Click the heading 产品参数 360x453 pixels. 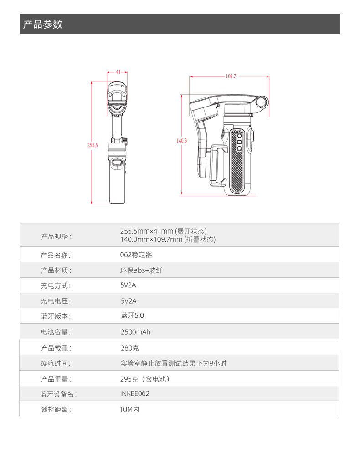42,24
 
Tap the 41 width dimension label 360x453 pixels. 118,71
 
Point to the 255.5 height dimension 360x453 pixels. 93,145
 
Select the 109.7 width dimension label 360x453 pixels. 231,76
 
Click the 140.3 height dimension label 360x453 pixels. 182,141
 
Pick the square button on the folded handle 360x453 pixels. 239,142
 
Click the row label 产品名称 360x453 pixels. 56,255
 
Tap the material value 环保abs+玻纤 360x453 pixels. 141,270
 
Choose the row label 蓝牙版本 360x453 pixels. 56,316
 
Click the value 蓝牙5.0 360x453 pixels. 133,316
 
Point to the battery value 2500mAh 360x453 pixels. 136,332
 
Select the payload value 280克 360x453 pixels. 130,348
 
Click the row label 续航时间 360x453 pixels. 56,363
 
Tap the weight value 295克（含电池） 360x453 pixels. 145,379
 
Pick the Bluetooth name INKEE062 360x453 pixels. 135,393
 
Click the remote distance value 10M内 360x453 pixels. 129,409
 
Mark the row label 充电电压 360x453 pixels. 56,301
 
